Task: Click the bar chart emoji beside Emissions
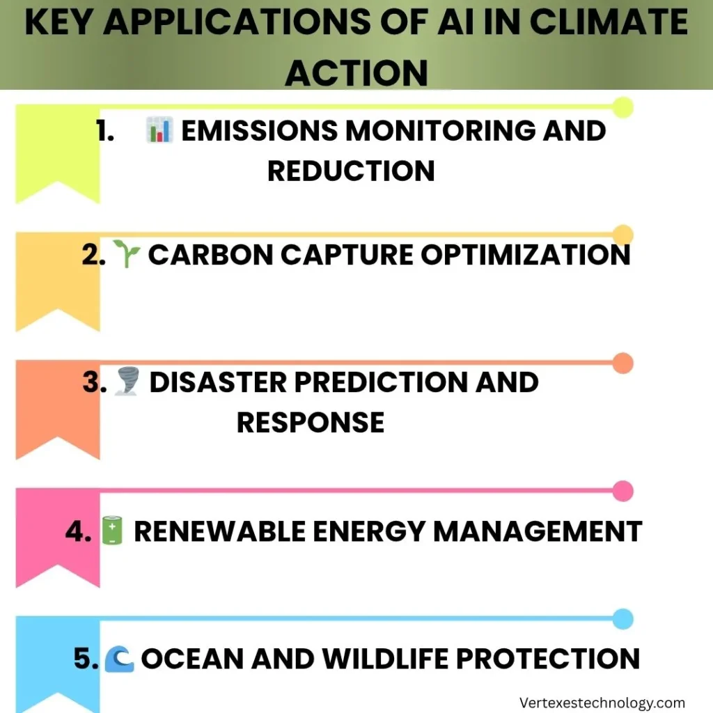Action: point(159,131)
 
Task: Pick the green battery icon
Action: point(111,531)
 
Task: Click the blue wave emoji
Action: point(119,658)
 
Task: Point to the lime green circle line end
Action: point(622,107)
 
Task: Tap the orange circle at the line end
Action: point(623,363)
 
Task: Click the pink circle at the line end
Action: point(623,491)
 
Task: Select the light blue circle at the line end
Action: point(623,618)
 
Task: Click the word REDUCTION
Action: point(351,171)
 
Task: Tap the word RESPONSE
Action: point(311,422)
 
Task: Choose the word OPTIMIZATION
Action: point(526,256)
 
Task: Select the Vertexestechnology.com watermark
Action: point(602,703)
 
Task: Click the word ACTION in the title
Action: point(356,71)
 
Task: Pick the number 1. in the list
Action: point(105,131)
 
